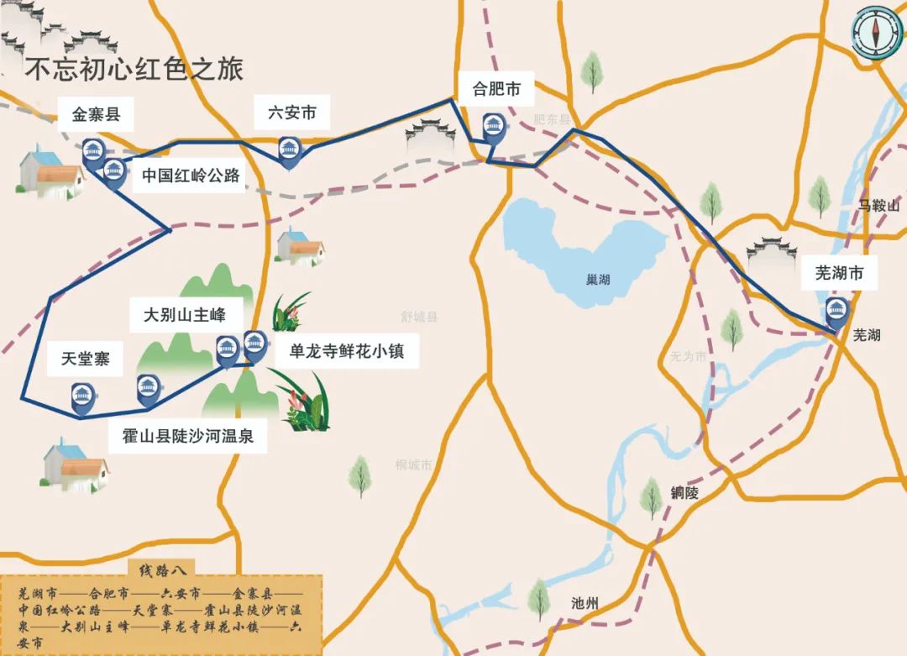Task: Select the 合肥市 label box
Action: point(497,89)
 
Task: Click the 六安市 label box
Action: point(291,113)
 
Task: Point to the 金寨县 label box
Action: point(97,115)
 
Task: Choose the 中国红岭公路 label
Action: point(191,176)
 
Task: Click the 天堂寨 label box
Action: point(86,360)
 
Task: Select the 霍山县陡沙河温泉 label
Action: point(187,437)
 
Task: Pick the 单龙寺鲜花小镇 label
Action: point(346,351)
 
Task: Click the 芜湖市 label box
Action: point(839,273)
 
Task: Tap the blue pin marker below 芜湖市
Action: point(836,312)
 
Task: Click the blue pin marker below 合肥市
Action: point(492,129)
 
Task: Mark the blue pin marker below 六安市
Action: point(290,151)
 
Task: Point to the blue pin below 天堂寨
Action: point(81,395)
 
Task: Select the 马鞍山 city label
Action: point(878,206)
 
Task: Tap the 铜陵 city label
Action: point(684,493)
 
